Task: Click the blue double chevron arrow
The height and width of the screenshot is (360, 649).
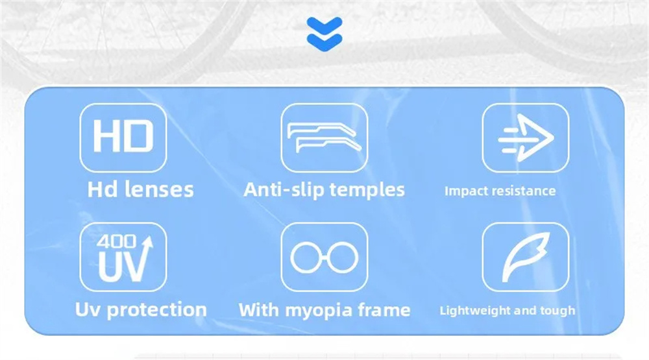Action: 324,34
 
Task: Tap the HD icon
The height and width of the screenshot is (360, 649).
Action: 123,138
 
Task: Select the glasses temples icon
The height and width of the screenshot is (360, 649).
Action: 324,138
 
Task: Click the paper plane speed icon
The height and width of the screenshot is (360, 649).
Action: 525,138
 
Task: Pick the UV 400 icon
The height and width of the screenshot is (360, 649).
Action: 123,257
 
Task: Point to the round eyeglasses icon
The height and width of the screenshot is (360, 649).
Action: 324,257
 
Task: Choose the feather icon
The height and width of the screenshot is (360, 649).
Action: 525,257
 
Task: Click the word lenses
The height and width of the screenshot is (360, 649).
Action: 159,189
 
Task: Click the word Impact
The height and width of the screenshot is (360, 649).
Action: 463,191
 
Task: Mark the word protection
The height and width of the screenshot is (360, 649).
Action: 157,310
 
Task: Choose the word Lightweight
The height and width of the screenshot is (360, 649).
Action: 475,311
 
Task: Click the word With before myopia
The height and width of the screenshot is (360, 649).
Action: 259,310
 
